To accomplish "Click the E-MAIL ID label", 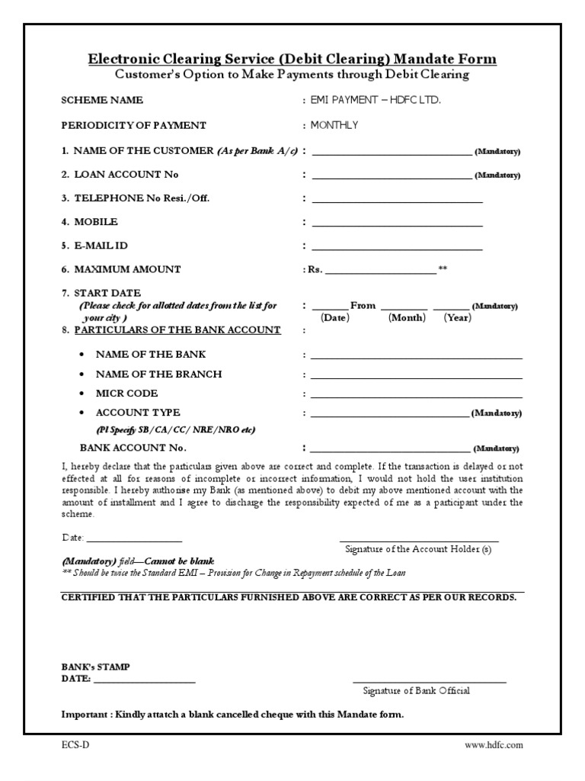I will (100, 246).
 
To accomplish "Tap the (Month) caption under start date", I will (407, 318).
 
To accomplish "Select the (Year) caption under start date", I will (458, 318).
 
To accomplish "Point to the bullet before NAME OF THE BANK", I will (82, 355).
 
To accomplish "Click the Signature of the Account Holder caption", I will (418, 549).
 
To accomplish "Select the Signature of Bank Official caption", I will (416, 691).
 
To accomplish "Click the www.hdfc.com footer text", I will (494, 745).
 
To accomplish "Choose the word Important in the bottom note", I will (85, 715).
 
